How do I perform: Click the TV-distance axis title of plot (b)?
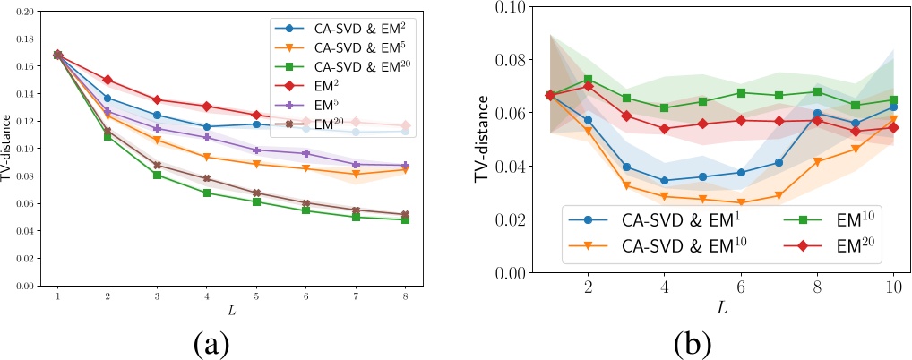click(486, 139)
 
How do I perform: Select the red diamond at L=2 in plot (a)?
click(108, 80)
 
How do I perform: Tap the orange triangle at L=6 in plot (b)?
click(741, 202)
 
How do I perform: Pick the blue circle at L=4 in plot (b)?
click(665, 180)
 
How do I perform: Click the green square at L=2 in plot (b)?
click(589, 80)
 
